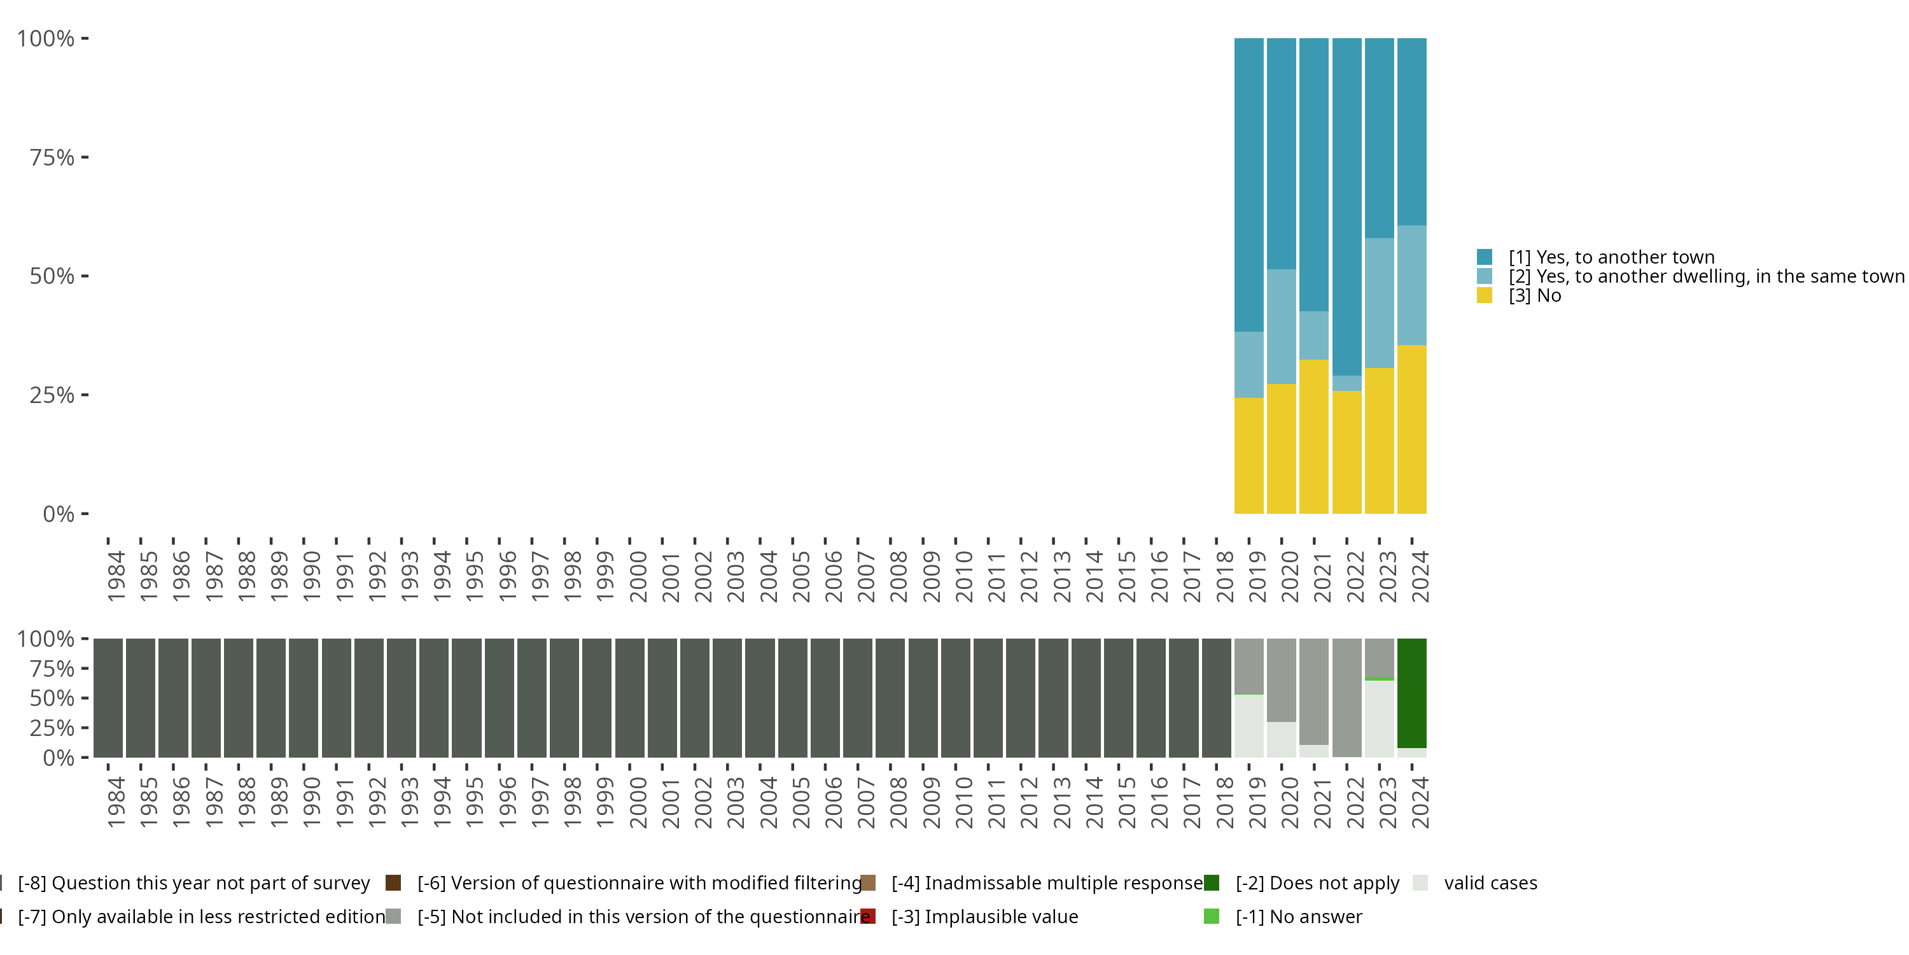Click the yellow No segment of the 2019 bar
coord(1248,455)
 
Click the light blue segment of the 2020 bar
coord(1282,326)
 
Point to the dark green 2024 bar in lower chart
coord(1412,693)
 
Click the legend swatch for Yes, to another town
coord(1485,257)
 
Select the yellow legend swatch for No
coord(1485,295)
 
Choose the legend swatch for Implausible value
coord(868,916)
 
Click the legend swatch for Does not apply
coord(1212,882)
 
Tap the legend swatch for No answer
coord(1212,916)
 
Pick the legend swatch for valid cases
coord(1420,882)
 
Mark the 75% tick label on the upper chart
coord(52,157)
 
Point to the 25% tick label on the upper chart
coord(52,395)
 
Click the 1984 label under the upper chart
coord(116,576)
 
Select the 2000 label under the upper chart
coord(638,576)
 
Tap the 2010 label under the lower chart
coord(963,802)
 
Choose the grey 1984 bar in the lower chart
coord(108,698)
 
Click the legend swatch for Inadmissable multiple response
coord(868,882)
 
